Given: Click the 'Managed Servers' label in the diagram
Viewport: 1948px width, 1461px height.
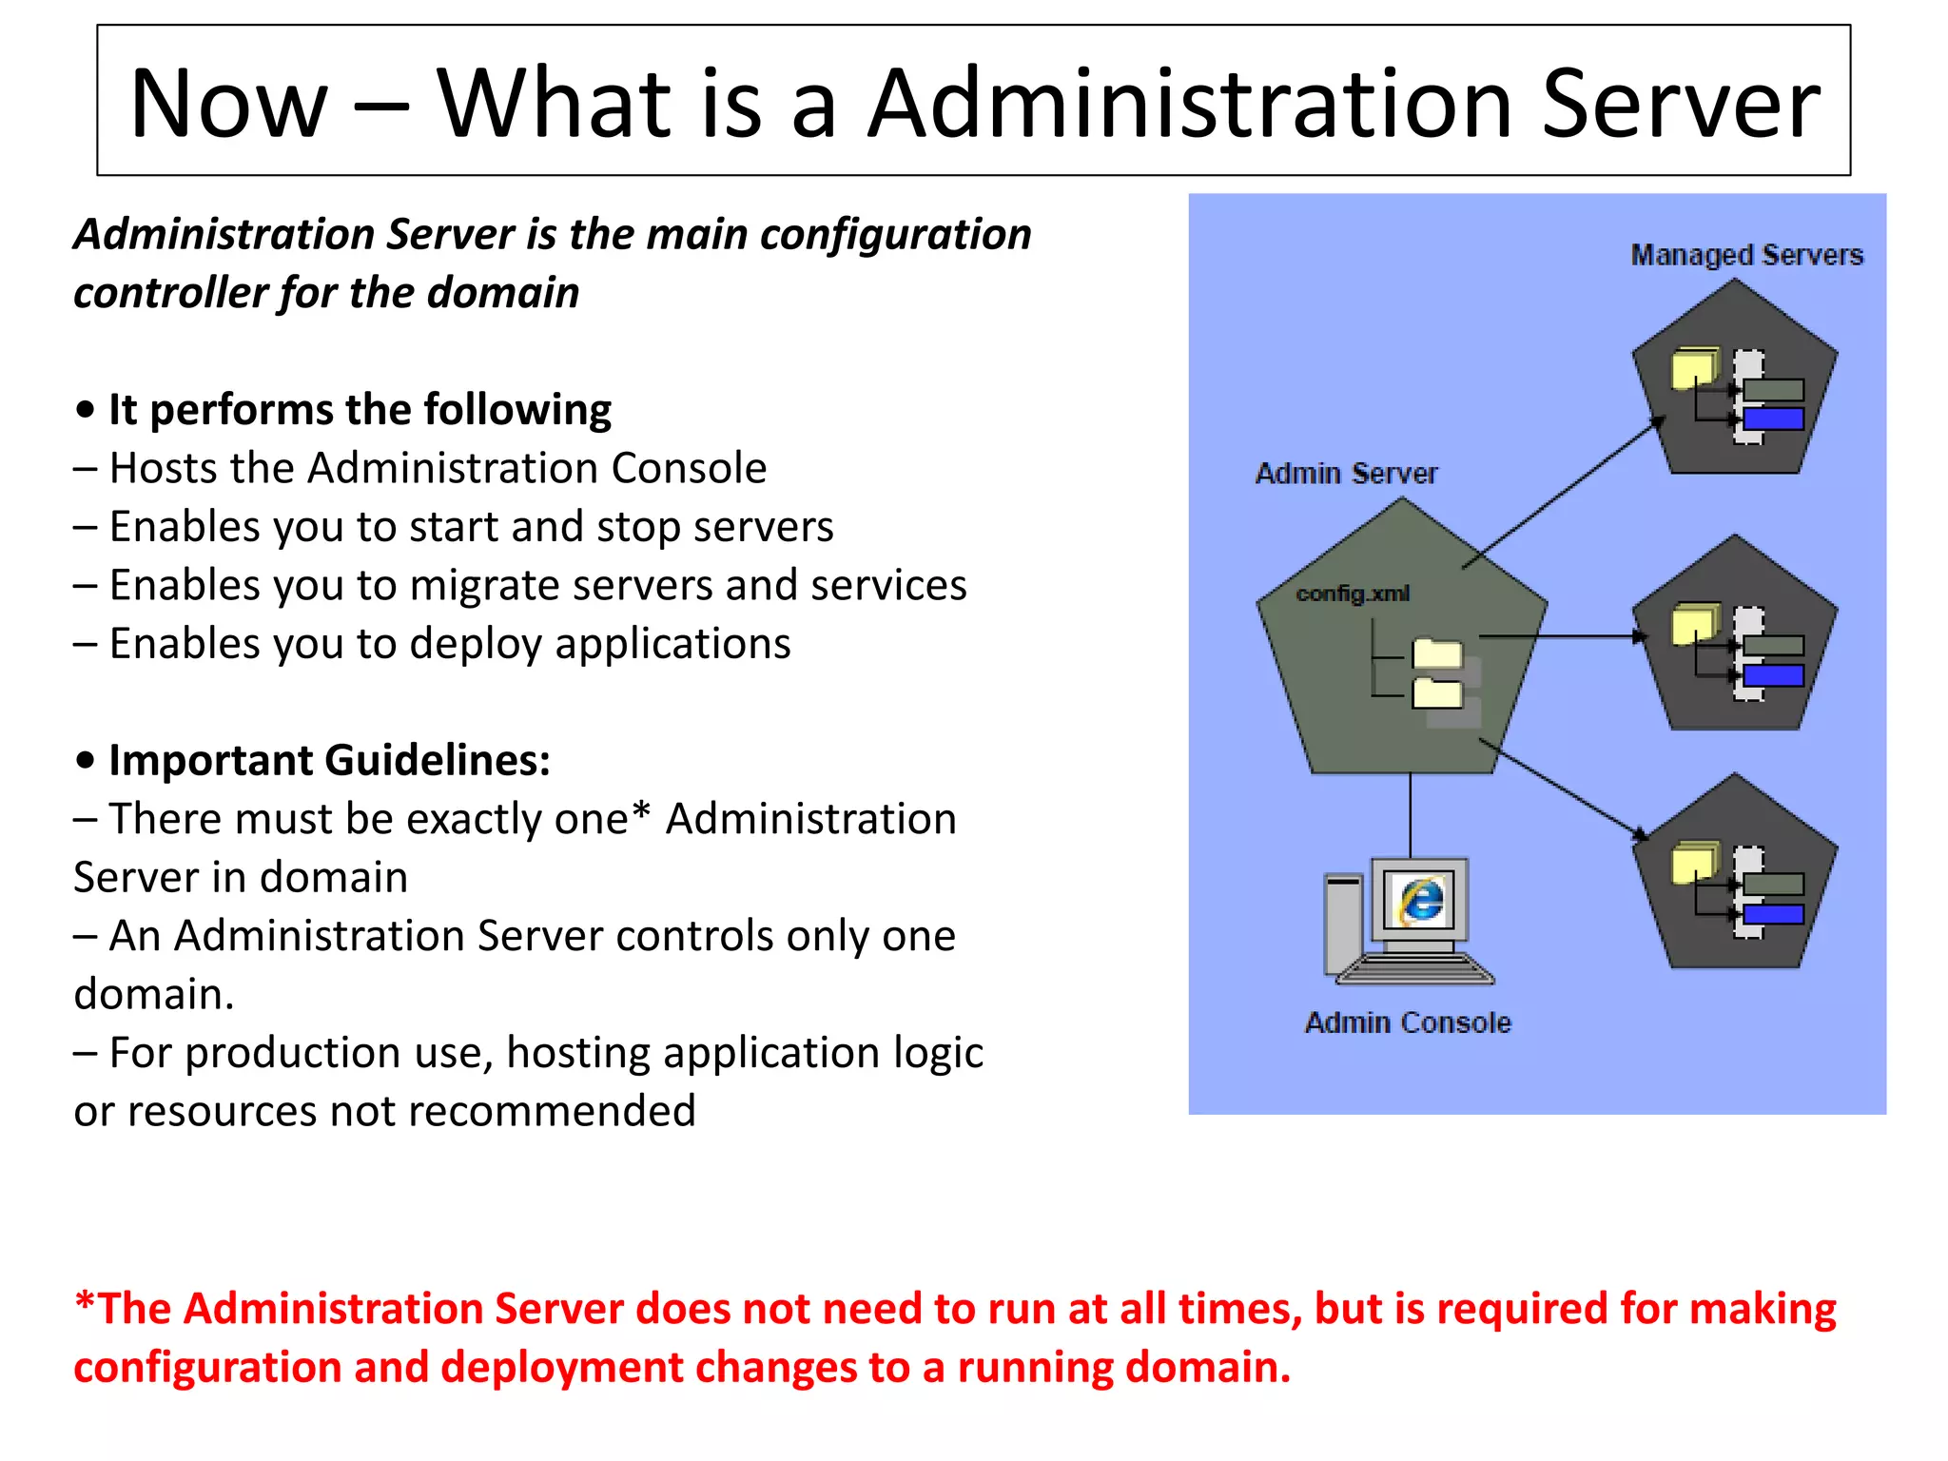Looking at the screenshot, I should point(1746,255).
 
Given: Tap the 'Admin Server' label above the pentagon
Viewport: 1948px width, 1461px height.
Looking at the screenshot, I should point(1345,474).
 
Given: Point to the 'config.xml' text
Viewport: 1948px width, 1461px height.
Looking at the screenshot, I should point(1352,594).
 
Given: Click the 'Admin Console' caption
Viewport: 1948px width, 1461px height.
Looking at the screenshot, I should point(1408,1023).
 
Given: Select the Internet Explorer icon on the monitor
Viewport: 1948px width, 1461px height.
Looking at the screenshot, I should point(1421,900).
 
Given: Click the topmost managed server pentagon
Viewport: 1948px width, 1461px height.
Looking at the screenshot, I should point(1734,380).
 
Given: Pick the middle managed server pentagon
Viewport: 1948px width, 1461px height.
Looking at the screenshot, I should point(1734,637).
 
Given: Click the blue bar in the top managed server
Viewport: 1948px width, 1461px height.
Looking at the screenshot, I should point(1773,419).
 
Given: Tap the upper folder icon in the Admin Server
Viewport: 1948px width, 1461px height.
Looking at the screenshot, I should point(1436,654).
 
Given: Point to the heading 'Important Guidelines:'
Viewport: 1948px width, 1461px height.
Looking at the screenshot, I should point(329,760).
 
